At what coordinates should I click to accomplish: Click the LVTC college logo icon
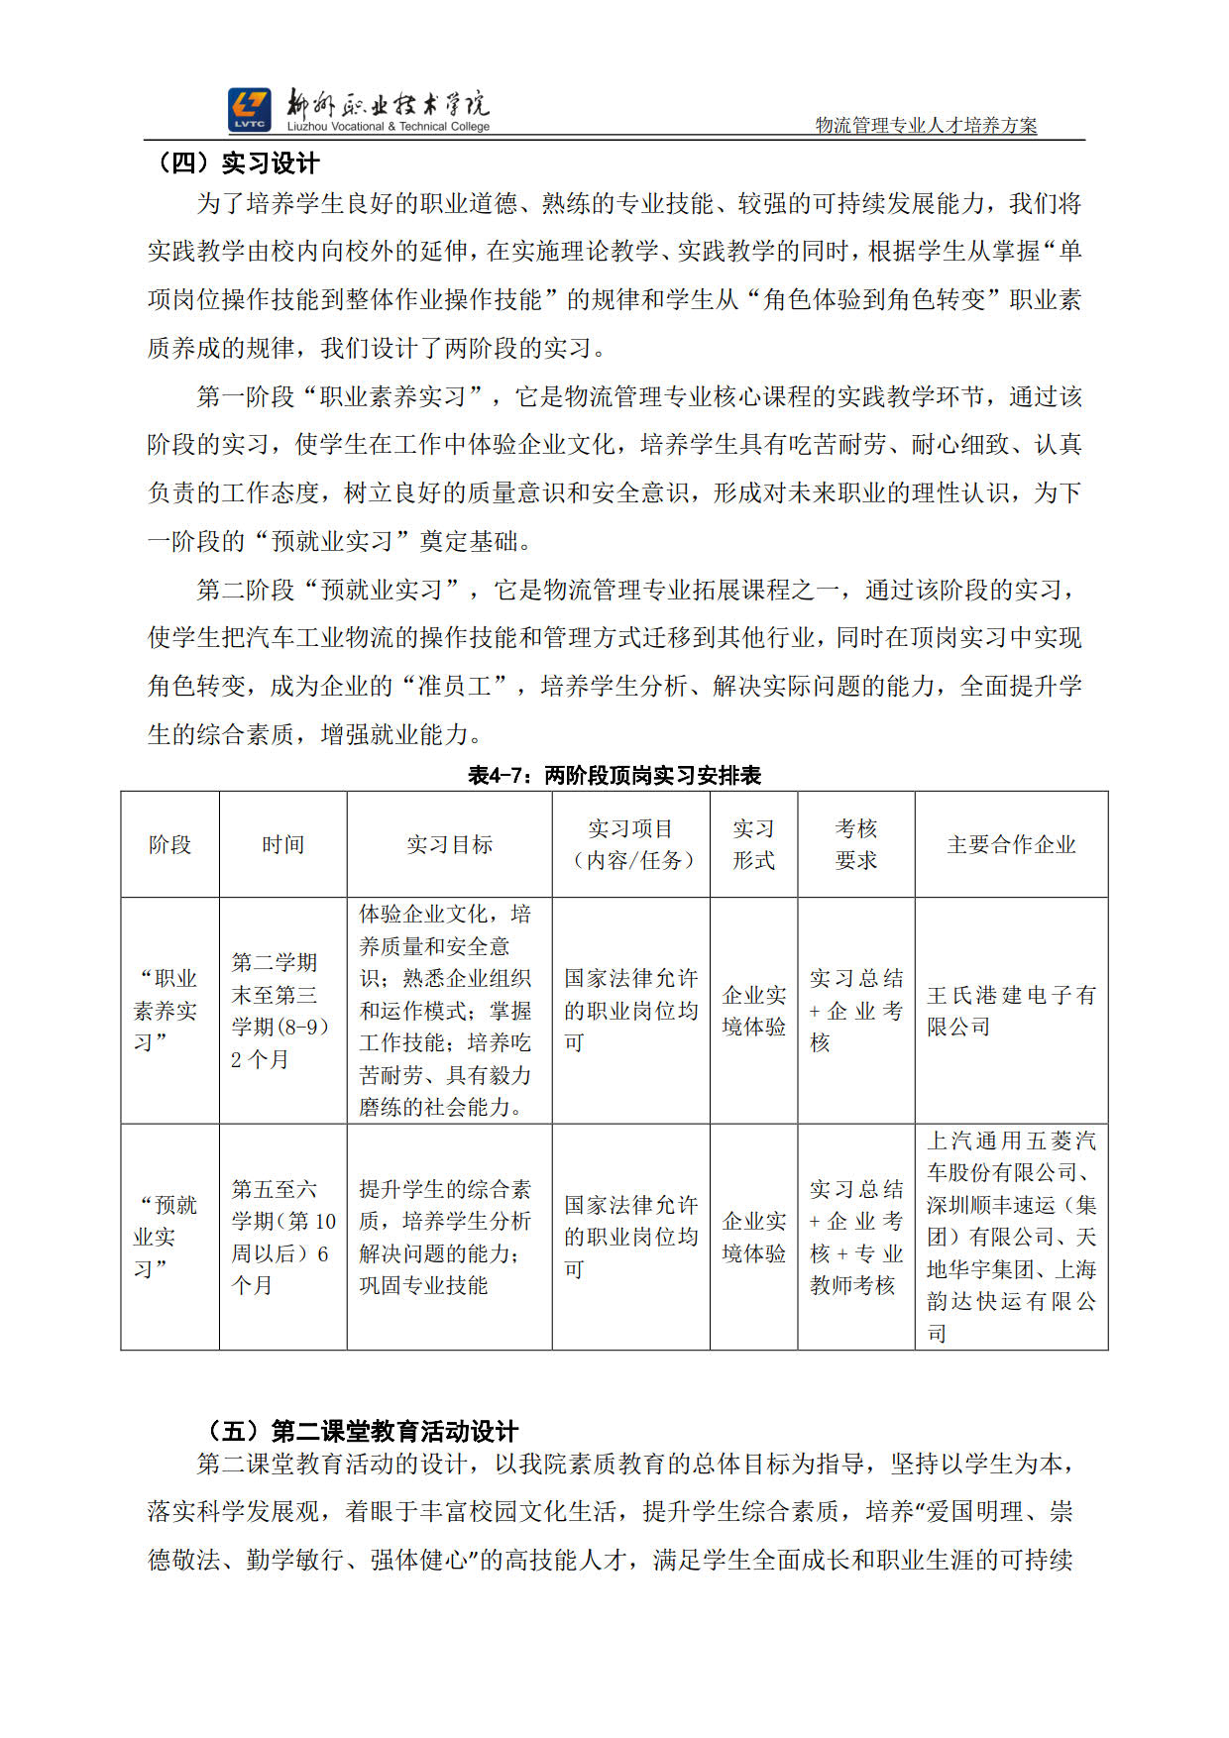(x=249, y=109)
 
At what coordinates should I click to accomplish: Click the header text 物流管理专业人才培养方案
(x=926, y=126)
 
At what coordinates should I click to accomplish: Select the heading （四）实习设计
(x=234, y=163)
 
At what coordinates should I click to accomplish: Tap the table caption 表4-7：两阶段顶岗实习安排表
(x=614, y=775)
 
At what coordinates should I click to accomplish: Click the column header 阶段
(x=169, y=845)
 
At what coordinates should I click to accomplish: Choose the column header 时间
(x=282, y=845)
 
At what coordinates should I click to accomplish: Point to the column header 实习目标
(x=449, y=845)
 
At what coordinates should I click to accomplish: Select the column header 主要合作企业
(x=1011, y=845)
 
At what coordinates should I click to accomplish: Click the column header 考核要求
(x=855, y=845)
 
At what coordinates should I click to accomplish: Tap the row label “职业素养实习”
(x=167, y=1011)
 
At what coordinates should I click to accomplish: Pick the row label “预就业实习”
(x=167, y=1237)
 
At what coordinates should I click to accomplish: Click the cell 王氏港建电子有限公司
(x=1011, y=1011)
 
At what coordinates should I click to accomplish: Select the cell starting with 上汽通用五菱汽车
(x=1011, y=1237)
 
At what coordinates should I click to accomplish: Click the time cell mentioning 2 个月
(x=280, y=1011)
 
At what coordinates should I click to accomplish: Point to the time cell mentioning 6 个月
(x=282, y=1237)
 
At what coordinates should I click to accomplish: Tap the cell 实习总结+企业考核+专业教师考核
(x=855, y=1237)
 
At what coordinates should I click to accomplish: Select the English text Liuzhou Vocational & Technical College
(x=389, y=127)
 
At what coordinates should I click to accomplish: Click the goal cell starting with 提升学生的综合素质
(x=445, y=1237)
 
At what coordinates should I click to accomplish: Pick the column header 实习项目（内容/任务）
(x=630, y=845)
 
